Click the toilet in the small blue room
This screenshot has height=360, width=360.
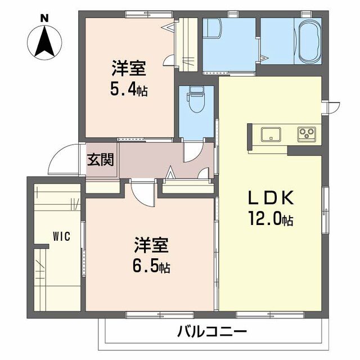(196, 101)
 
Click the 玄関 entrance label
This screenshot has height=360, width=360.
(101, 159)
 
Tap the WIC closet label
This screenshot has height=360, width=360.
(61, 236)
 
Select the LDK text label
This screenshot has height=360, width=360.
(271, 198)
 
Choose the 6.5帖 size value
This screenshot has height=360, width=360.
(151, 264)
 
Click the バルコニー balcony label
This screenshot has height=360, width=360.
(212, 332)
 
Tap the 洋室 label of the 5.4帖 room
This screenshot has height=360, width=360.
(129, 70)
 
